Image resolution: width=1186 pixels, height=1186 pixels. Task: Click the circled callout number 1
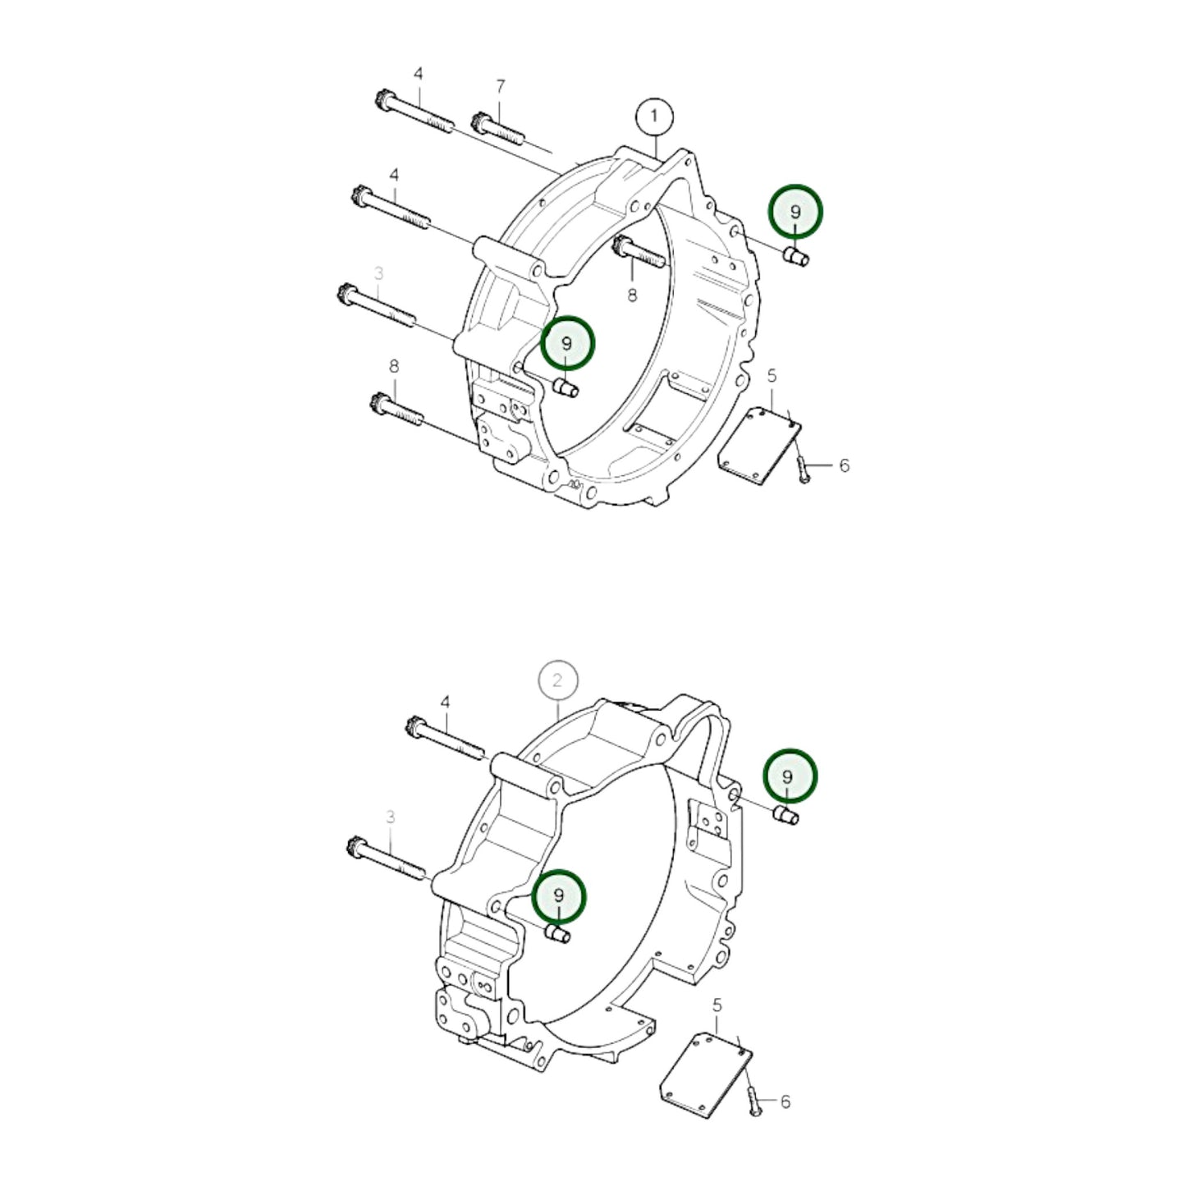tap(654, 117)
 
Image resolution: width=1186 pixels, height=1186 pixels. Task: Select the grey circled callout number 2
tap(558, 680)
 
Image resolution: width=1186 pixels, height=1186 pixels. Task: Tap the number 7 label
tap(501, 86)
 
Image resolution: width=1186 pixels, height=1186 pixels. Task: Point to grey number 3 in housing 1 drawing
tap(378, 272)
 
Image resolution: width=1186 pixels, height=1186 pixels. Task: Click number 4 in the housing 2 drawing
tap(445, 703)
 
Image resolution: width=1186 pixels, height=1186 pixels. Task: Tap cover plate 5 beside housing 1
tap(758, 440)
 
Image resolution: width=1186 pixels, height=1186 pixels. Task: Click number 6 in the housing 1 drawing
tap(845, 465)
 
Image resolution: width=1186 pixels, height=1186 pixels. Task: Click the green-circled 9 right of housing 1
tap(794, 212)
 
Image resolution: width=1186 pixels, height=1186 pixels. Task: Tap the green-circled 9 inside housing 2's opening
tap(558, 895)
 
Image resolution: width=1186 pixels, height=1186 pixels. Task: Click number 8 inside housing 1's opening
tap(632, 295)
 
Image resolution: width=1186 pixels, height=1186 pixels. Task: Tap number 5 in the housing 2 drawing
tap(717, 1005)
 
